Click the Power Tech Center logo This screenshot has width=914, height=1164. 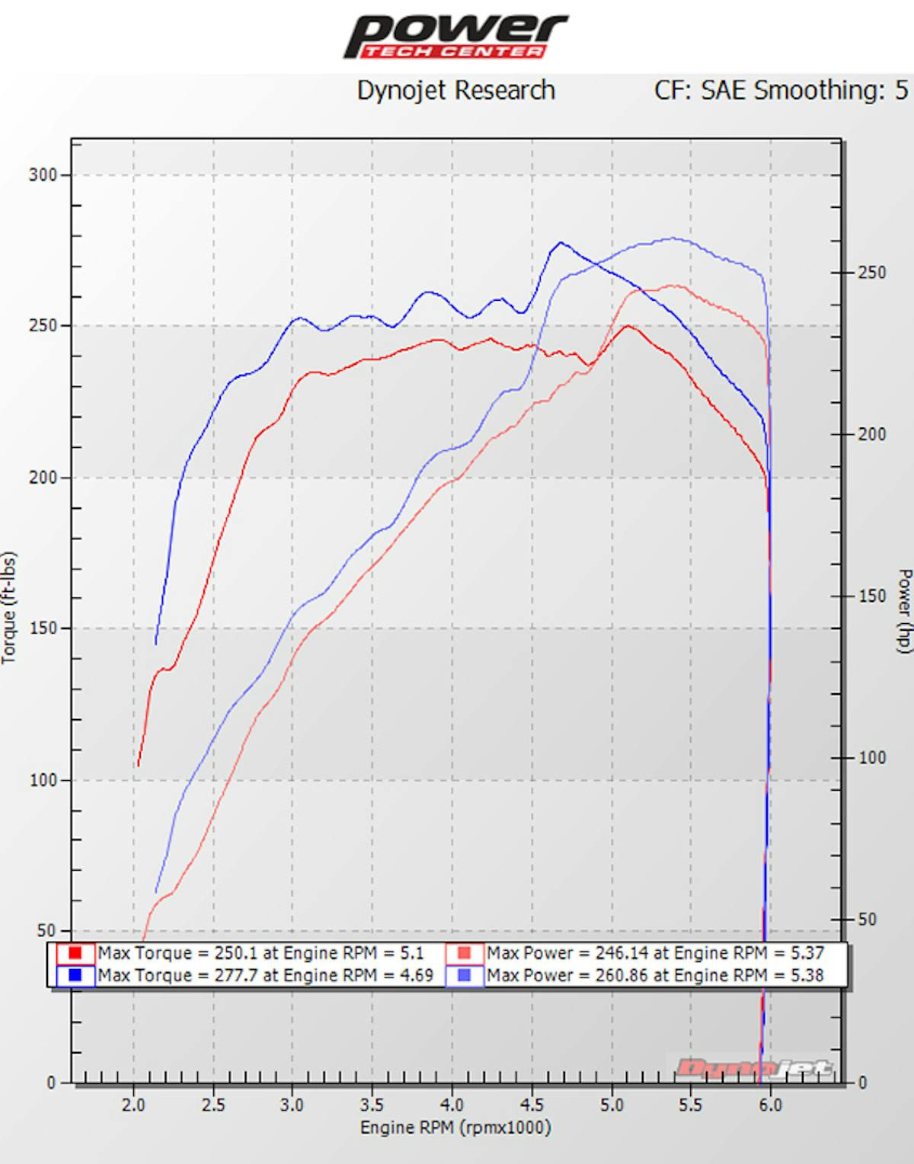coord(455,37)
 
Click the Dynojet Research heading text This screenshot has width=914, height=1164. coord(455,91)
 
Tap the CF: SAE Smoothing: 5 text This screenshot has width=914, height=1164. coord(781,91)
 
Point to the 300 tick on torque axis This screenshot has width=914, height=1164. coord(43,175)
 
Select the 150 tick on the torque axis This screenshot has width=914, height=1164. coord(43,629)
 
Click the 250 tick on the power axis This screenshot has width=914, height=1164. coord(871,273)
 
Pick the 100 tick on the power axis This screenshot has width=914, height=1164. coord(871,758)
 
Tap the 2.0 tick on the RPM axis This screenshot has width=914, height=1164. coord(133,1105)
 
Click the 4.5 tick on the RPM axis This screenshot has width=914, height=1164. coord(532,1105)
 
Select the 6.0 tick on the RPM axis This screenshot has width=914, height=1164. coord(770,1105)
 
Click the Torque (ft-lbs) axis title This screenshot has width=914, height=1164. coord(9,608)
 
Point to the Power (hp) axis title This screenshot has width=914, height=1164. coord(904,610)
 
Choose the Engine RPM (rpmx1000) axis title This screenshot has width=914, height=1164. coord(455,1128)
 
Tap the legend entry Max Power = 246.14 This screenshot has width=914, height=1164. coord(655,953)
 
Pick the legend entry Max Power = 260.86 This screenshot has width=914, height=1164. coord(655,975)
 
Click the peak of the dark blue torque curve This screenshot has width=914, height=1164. coord(561,243)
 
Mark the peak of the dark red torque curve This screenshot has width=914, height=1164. coord(627,326)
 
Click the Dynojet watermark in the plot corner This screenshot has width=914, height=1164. coord(753,1068)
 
